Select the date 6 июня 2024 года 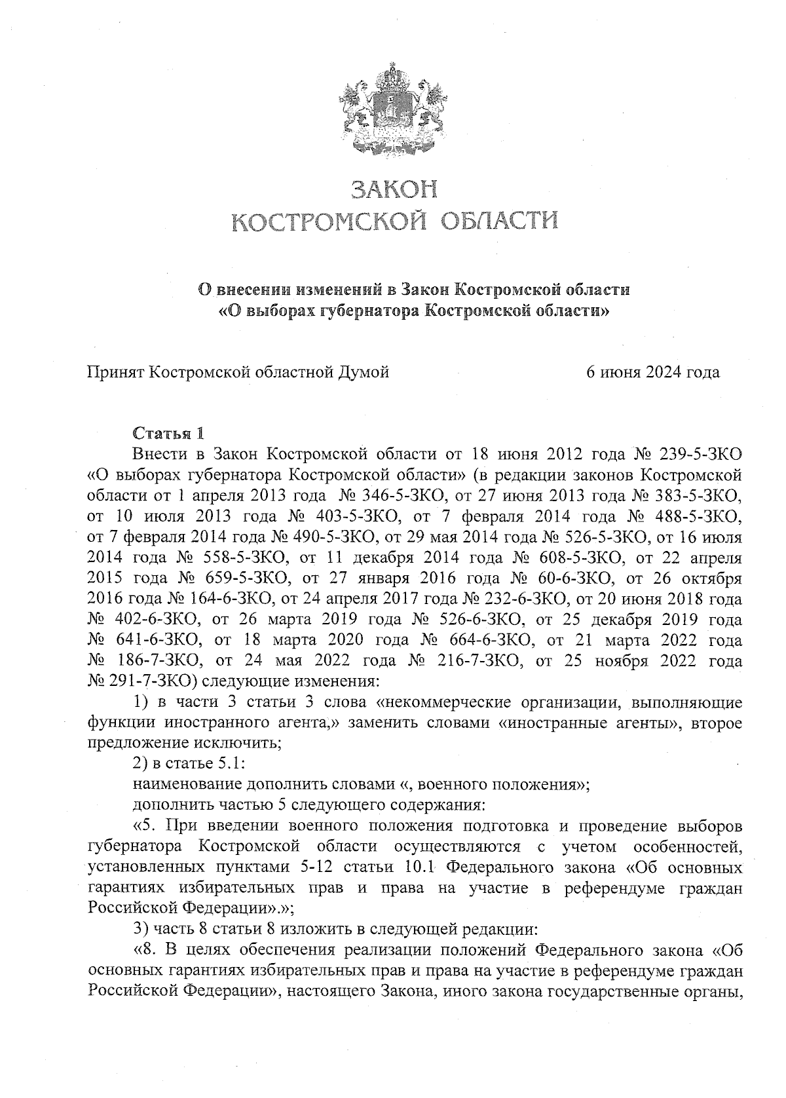[652, 373]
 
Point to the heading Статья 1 [168, 433]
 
